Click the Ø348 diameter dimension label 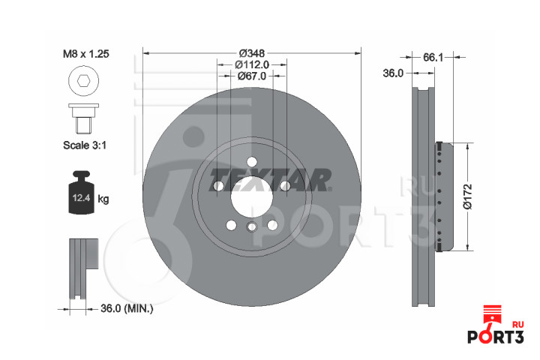252,53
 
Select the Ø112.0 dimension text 252,64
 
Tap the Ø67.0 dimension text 252,76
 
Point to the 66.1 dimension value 433,58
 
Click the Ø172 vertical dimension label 468,196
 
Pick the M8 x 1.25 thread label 85,54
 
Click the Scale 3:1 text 85,145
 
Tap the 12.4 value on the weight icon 81,198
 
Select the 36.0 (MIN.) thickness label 127,309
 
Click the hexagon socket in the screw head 84,81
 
